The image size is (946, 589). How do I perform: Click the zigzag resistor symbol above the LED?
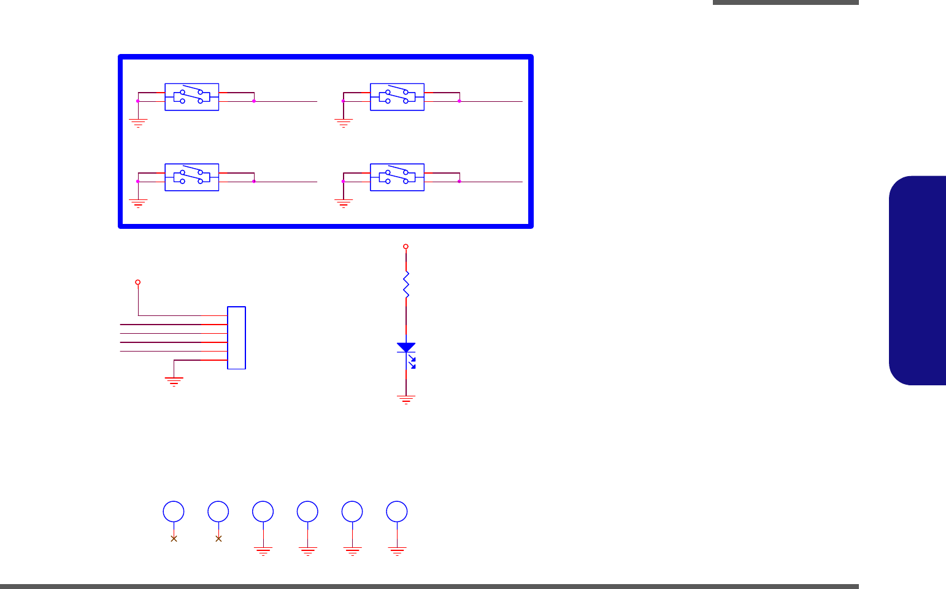coord(406,285)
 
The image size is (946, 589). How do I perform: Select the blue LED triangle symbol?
coord(406,348)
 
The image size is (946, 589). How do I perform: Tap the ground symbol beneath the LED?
coord(406,400)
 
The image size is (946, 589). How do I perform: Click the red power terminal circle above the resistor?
coord(406,247)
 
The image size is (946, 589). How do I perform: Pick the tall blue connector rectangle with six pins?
coord(236,337)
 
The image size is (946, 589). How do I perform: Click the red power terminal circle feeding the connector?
coord(138,282)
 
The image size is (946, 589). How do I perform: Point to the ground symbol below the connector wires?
coord(175,382)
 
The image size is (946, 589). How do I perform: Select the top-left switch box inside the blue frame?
coord(192,97)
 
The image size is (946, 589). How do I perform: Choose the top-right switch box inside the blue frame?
coord(398,97)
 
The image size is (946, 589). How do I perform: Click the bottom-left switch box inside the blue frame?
coord(192,177)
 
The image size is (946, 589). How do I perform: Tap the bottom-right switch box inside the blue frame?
coord(398,177)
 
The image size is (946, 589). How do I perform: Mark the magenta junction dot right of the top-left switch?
coord(254,101)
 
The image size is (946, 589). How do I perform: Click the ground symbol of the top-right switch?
coord(344,123)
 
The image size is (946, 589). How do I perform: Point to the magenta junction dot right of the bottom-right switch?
coord(460,182)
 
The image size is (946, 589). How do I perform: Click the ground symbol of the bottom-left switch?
coord(138,203)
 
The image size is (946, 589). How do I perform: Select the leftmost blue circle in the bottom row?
coord(174,512)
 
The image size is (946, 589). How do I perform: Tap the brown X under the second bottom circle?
coord(218,539)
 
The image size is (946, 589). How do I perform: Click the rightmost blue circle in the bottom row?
coord(397,512)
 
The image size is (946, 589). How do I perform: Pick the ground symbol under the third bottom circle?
coord(263,550)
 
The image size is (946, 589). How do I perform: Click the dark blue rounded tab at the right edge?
coord(917,280)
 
